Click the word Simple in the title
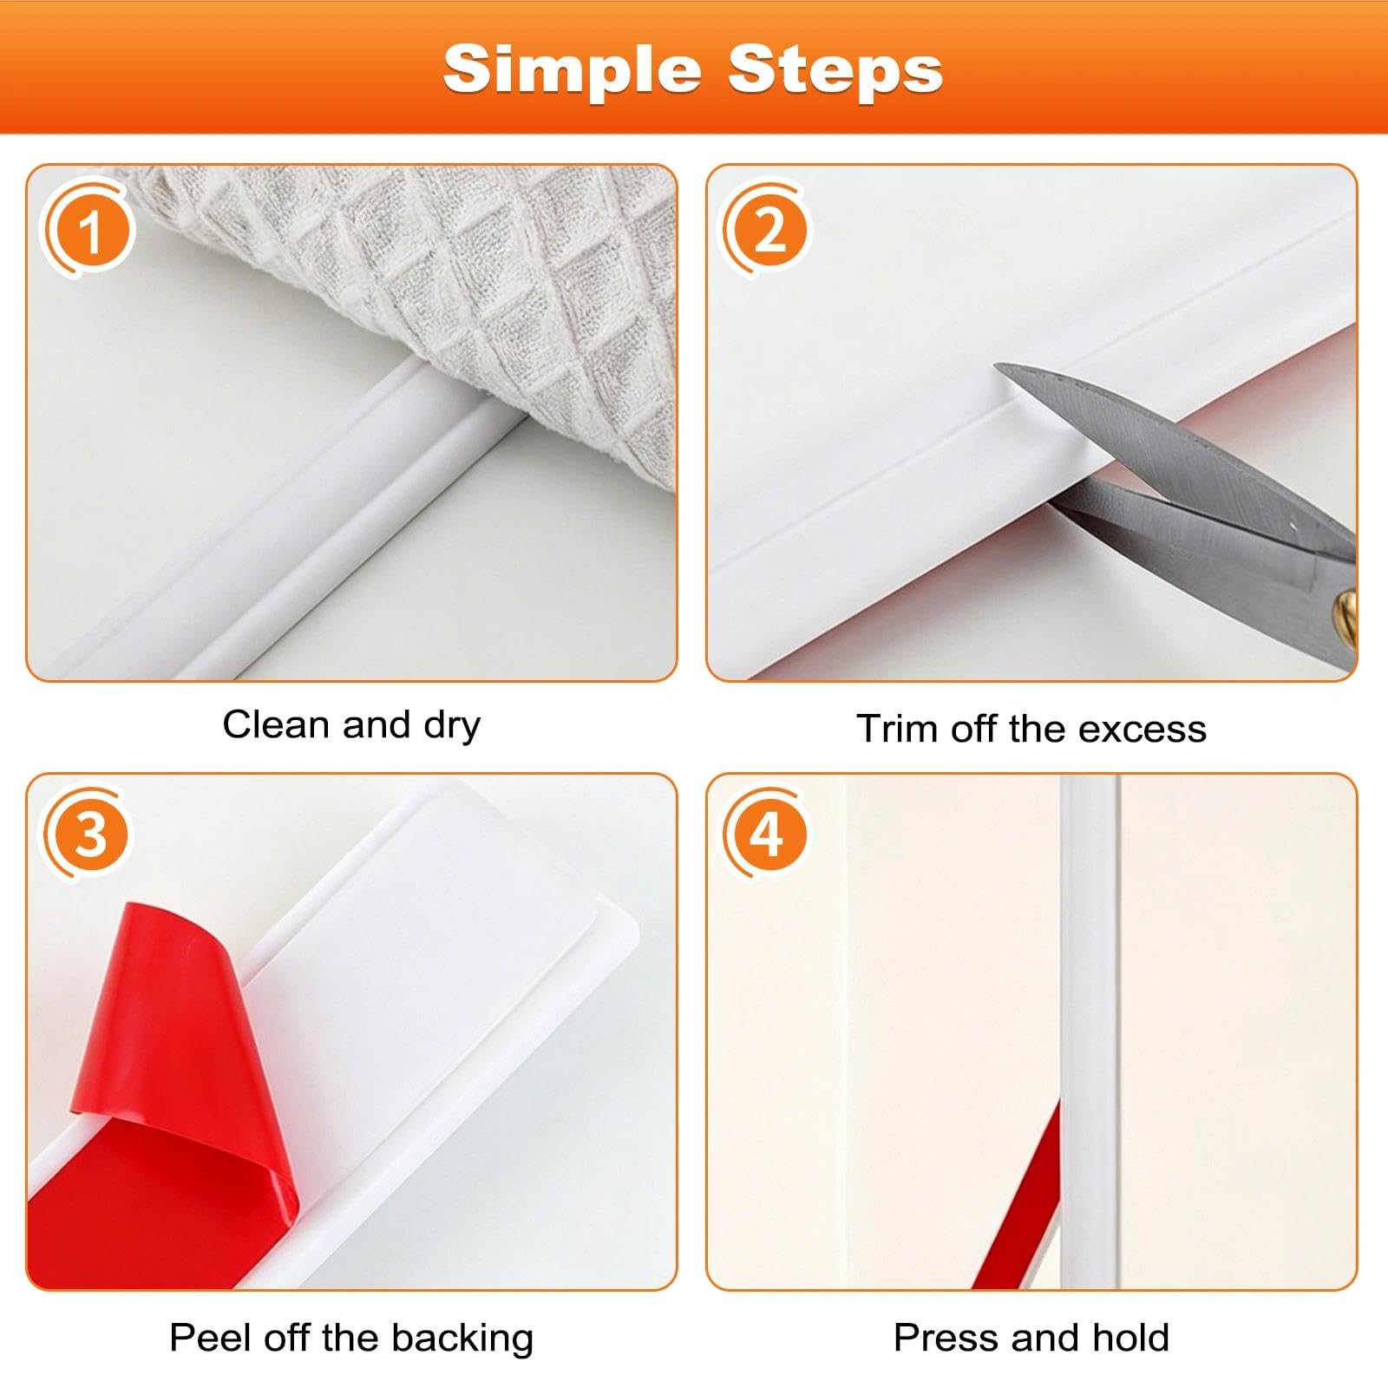point(572,70)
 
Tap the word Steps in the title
point(835,70)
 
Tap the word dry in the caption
point(452,727)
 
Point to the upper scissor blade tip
point(997,368)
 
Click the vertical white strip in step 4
point(1090,1031)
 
